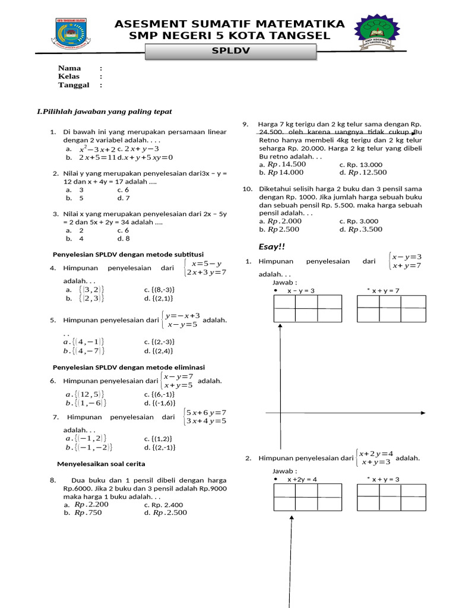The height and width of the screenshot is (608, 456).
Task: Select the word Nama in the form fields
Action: click(69, 68)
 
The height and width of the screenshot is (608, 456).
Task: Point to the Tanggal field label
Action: click(73, 85)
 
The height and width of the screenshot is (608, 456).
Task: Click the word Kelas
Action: click(68, 77)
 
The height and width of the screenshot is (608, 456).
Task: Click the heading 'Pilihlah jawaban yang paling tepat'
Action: click(104, 112)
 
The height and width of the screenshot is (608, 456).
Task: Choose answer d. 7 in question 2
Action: click(123, 198)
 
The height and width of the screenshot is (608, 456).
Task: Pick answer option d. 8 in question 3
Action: click(123, 239)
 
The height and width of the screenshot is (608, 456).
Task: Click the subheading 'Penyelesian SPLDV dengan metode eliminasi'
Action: click(129, 367)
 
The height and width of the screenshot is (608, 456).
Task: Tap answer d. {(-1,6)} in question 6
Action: click(159, 403)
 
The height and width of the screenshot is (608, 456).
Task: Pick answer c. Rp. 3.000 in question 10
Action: click(359, 221)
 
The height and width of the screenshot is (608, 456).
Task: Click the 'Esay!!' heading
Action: click(268, 246)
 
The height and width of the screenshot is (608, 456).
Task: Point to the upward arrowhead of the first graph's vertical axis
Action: click(280, 327)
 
